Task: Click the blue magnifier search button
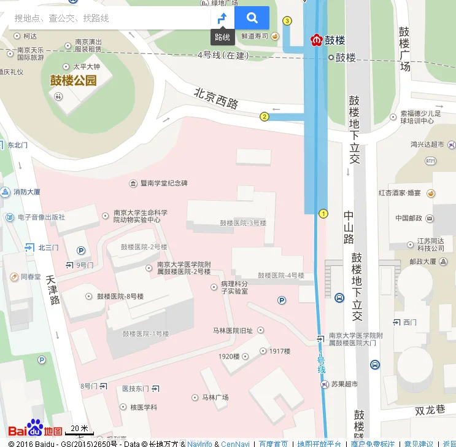252,18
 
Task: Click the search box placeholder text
61,18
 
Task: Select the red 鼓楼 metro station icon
317,41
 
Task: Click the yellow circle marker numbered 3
287,21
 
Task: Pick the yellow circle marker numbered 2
265,117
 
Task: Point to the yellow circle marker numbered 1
323,214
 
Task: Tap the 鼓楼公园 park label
74,80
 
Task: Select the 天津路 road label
53,290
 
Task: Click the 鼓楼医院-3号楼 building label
243,223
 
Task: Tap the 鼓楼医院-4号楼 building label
280,276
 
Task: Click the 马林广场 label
215,398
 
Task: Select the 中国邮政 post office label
410,218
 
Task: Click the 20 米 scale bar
79,429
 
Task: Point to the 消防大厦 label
27,192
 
